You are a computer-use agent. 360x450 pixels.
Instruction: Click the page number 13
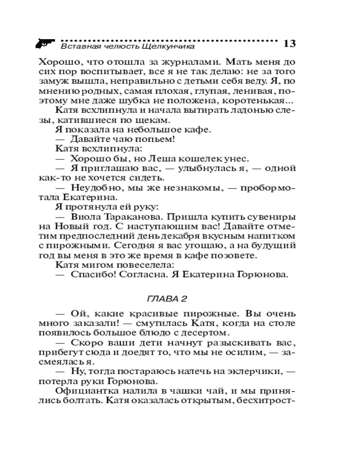pos(289,44)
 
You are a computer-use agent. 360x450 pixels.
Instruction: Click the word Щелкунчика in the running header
pos(172,46)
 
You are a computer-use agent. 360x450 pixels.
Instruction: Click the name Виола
pos(86,218)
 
